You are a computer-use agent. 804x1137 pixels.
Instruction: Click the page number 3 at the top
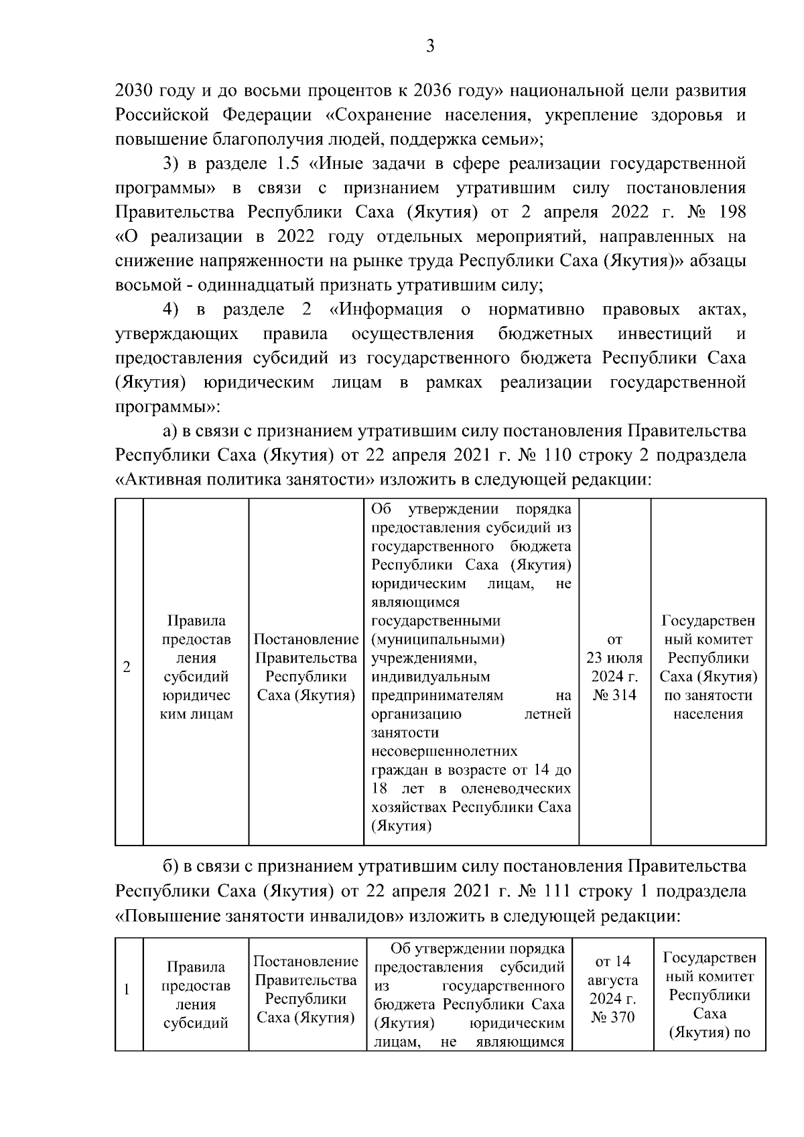430,46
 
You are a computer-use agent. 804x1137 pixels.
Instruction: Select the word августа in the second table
613,980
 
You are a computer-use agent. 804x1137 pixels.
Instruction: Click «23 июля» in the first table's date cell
614,658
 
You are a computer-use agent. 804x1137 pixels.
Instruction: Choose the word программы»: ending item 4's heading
168,407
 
